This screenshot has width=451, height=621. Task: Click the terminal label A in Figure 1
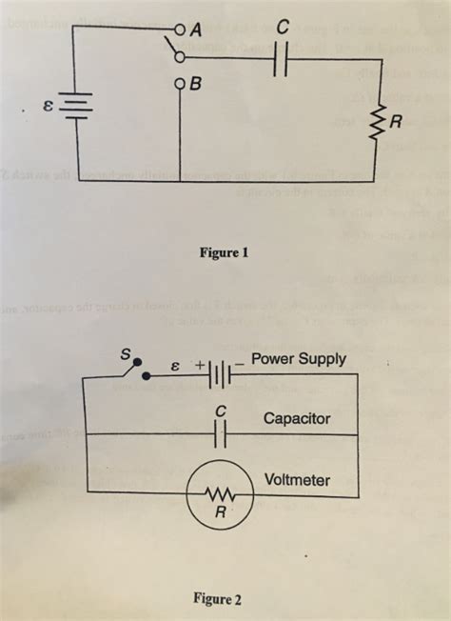pos(197,29)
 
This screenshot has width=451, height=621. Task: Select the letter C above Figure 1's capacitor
pos(281,30)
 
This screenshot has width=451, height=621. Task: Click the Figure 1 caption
pos(224,253)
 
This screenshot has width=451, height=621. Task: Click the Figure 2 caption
pos(218,599)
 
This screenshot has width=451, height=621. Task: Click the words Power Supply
pos(299,359)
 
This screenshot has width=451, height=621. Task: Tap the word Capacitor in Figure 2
pos(297,418)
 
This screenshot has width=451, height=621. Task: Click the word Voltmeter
pos(297,478)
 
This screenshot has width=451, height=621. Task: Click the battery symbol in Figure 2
pos(218,374)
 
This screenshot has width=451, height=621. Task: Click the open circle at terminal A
pos(178,29)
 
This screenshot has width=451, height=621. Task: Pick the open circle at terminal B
pos(179,83)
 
